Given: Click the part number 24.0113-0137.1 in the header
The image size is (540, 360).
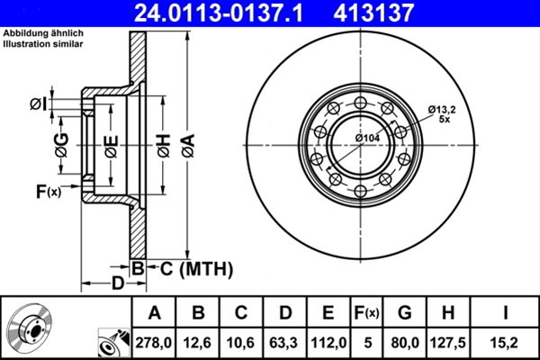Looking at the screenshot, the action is click(219, 13).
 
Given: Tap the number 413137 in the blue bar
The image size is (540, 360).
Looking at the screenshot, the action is click(373, 13).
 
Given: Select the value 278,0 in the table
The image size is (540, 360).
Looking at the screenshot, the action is click(154, 343).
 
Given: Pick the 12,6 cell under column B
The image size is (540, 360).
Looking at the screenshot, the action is click(197, 343).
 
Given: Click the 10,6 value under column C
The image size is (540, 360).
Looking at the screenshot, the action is click(240, 343).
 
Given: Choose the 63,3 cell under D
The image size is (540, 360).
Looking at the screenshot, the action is click(284, 343).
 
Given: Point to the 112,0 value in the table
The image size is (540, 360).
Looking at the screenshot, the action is click(328, 343).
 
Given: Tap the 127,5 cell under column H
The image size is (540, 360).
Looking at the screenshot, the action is click(448, 343).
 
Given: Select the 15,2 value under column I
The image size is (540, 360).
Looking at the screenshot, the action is click(505, 343).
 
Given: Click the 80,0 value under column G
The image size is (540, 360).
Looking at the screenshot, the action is click(405, 343).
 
